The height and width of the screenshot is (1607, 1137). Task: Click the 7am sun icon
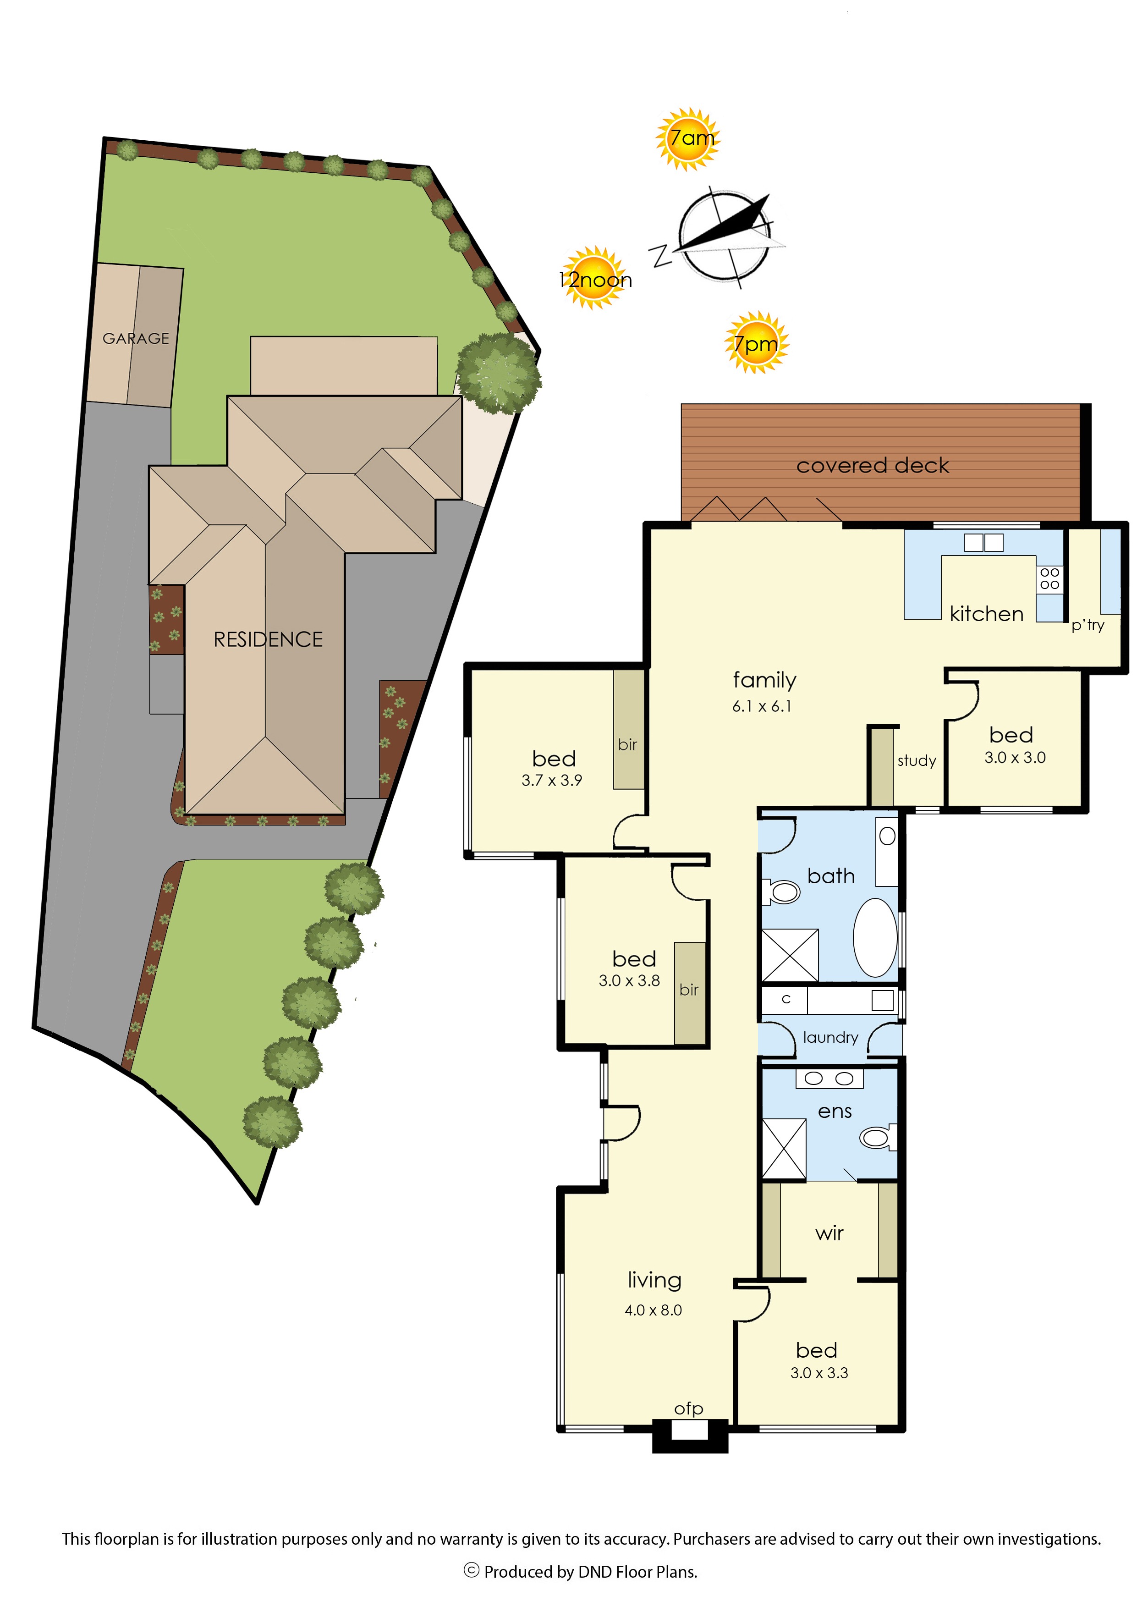click(687, 138)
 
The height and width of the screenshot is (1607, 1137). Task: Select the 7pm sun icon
click(756, 342)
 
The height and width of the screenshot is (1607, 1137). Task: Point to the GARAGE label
click(136, 339)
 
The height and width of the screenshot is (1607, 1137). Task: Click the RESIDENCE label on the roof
click(268, 639)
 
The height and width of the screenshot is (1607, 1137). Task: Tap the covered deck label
click(873, 466)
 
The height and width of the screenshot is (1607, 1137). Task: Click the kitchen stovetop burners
click(1049, 578)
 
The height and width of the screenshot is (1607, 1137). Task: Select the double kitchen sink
click(983, 543)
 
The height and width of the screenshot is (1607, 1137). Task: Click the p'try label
click(1088, 625)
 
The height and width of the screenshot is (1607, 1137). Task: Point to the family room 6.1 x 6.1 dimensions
click(762, 706)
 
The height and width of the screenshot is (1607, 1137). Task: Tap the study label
click(917, 760)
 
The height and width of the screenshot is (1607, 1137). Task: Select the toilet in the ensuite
click(878, 1137)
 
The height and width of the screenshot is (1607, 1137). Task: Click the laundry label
click(830, 1038)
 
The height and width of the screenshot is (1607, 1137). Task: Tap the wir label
click(829, 1234)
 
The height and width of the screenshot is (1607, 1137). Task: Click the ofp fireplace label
click(688, 1409)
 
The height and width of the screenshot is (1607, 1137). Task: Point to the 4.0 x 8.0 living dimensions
click(653, 1310)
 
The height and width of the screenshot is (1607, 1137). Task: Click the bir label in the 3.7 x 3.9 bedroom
click(627, 744)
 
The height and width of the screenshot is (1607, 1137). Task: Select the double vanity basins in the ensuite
click(829, 1079)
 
